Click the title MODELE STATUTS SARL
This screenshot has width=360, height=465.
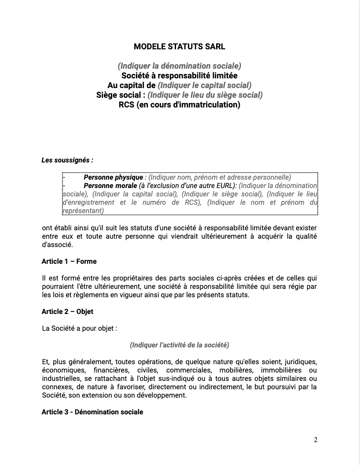click(180, 46)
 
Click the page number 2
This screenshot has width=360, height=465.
click(316, 439)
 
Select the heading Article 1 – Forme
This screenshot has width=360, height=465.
click(69, 261)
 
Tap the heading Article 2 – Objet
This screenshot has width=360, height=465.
click(67, 311)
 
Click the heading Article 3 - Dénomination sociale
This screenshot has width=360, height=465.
click(92, 412)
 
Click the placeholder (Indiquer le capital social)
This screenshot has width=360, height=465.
click(205, 85)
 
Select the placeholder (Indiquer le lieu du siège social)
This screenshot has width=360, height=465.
click(205, 95)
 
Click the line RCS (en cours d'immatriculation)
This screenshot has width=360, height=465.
click(180, 105)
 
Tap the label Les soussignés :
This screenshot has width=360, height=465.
click(67, 160)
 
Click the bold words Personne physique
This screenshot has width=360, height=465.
click(113, 177)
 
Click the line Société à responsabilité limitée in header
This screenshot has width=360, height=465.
click(180, 75)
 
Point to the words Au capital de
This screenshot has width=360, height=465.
click(132, 85)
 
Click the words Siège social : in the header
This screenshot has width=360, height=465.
click(121, 95)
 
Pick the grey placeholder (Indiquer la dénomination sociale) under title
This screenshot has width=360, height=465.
click(180, 66)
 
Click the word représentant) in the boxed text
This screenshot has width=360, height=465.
click(83, 211)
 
